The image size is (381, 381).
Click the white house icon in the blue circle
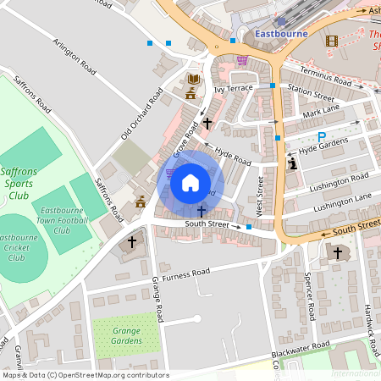tap(190, 183)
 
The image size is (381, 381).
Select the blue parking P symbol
tap(321, 136)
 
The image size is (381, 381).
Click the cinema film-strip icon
tap(331, 40)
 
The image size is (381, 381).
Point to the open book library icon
tap(194, 80)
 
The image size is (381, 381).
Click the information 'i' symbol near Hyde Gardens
tap(293, 163)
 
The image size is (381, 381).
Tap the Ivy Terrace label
tap(233, 88)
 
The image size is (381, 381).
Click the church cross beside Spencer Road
tap(337, 253)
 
